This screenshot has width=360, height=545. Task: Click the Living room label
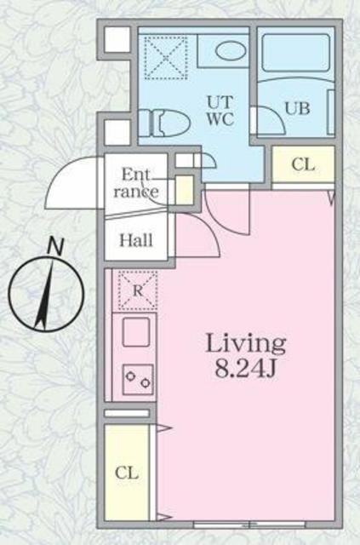click(246, 344)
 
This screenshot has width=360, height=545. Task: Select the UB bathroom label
click(297, 108)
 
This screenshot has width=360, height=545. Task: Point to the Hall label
click(136, 240)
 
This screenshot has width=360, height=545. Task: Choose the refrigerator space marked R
click(138, 290)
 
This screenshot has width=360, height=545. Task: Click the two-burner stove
click(138, 379)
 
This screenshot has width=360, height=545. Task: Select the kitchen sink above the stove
click(136, 333)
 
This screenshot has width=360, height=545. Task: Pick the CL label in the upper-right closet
click(303, 164)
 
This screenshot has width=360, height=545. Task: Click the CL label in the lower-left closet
click(127, 473)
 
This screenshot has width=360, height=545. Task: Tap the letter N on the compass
click(55, 246)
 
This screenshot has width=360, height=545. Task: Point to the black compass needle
click(45, 295)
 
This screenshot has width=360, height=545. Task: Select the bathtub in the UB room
click(295, 53)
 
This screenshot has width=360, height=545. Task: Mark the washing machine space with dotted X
click(166, 58)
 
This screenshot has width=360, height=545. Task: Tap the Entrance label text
click(136, 183)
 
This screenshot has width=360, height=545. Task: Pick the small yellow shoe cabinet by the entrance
click(184, 190)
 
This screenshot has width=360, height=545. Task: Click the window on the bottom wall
click(249, 525)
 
